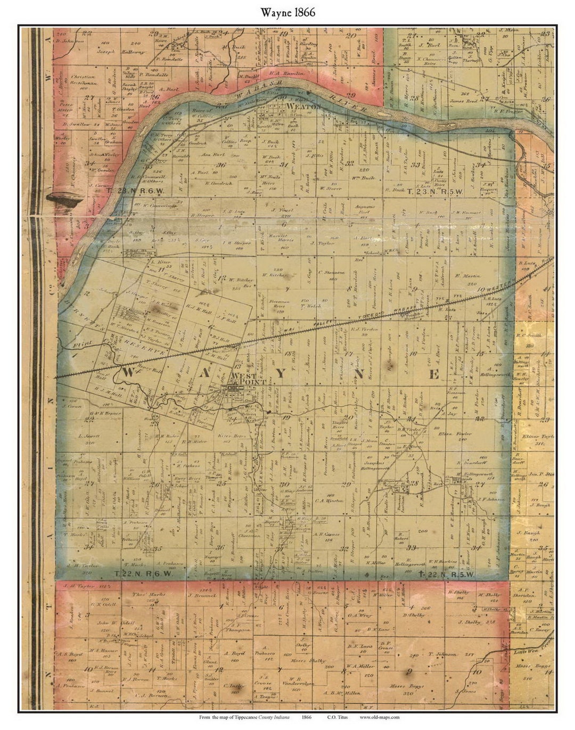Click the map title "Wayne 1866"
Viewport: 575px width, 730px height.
(x=287, y=12)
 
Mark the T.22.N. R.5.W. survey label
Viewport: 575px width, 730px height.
(x=447, y=573)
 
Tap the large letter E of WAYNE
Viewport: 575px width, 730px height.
(x=434, y=374)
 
